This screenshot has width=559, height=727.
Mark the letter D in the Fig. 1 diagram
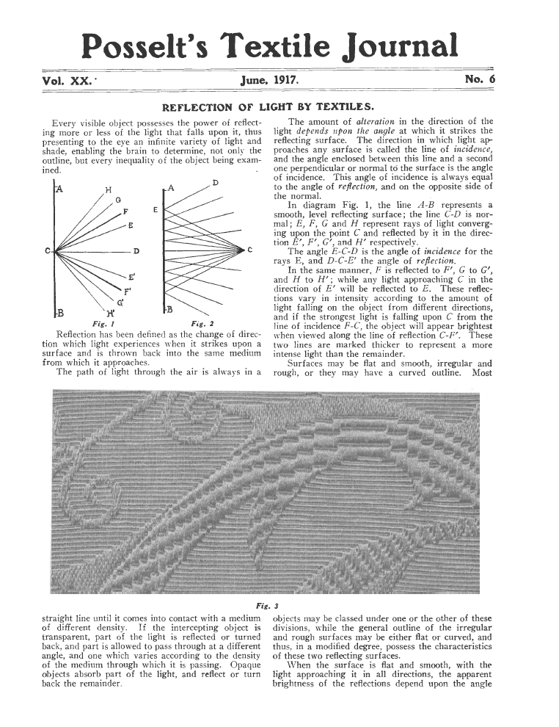coord(136,252)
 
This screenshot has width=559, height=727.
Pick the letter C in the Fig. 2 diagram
coord(251,250)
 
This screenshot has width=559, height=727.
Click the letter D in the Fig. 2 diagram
coord(214,182)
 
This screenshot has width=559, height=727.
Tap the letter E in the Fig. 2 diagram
coord(156,211)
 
